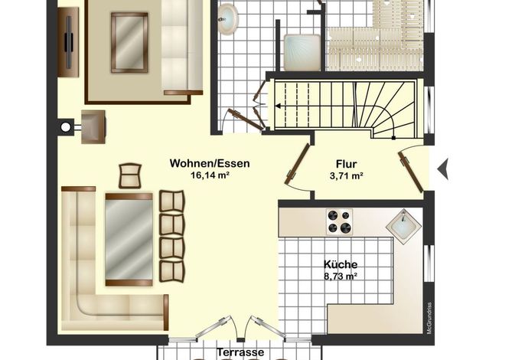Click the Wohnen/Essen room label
coord(210,163)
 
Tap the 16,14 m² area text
coord(210,175)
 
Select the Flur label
coord(346,164)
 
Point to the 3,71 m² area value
coord(347,175)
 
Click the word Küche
coord(340,264)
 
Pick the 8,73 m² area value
coord(340,277)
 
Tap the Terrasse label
coord(240,352)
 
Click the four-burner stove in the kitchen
coord(339,221)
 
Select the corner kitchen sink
coord(403,224)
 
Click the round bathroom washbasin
coord(227,18)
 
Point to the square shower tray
coord(302,52)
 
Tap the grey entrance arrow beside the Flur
coord(443,169)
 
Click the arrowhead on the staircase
coord(279,106)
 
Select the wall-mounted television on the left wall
coord(69,42)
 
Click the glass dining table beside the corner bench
coord(129,239)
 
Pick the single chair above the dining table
coord(130,175)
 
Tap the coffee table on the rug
coord(129,43)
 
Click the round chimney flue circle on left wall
coord(66,127)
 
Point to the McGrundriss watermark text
coord(429,318)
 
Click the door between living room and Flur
coord(297,164)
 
